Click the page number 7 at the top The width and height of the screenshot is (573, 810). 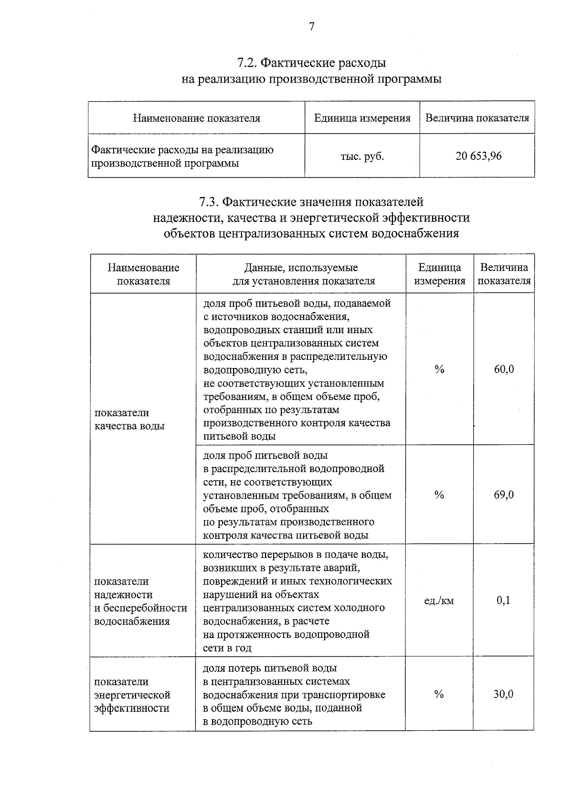pos(311,27)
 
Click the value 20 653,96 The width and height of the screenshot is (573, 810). pos(478,156)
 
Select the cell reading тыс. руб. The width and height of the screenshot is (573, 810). pos(362,156)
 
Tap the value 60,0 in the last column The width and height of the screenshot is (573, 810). pos(504,369)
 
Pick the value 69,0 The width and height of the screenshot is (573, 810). pos(504,494)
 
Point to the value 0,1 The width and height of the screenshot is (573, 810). pos(503,600)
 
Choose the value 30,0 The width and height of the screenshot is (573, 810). pos(503,694)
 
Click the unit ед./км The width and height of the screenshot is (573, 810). pos(439,600)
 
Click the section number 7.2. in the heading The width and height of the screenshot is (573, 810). pos(247,63)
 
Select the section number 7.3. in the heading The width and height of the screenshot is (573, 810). pos(209,202)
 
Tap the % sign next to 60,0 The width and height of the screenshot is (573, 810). pos(439,369)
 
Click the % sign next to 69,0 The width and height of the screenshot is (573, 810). pos(439,495)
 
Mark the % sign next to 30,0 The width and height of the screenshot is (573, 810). pos(439,694)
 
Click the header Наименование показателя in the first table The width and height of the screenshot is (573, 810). pos(196,118)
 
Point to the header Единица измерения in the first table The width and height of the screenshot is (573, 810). pos(362,118)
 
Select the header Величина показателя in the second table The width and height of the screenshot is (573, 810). pos(504,274)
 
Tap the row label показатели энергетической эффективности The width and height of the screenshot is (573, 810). pos(132,694)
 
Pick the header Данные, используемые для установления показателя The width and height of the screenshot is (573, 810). pos(301,274)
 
